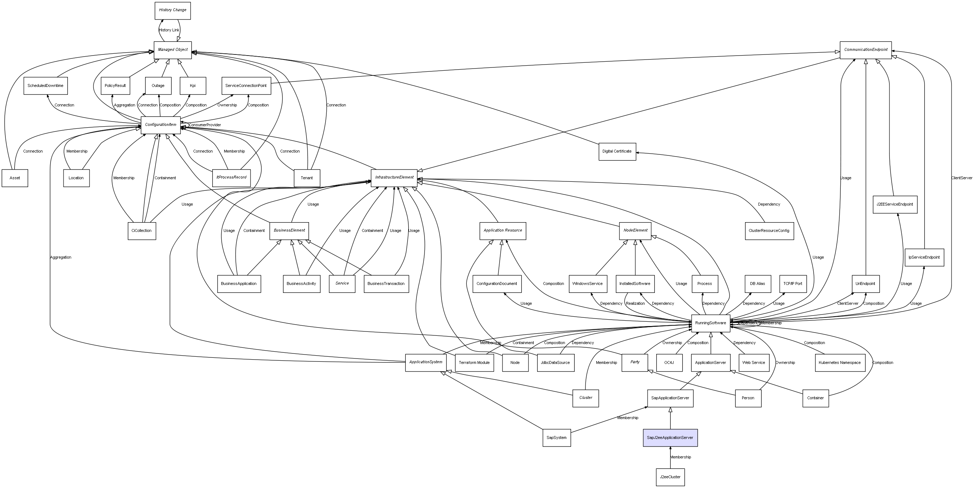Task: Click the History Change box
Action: tap(172, 10)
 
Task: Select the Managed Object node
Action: tap(173, 50)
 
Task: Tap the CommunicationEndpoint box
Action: tap(865, 50)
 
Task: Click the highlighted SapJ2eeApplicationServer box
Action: tap(670, 438)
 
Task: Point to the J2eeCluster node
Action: tap(670, 477)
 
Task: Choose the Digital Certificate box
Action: tap(617, 151)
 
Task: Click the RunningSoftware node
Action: tap(710, 323)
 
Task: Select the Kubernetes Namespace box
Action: tap(840, 363)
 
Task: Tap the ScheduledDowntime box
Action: tap(45, 86)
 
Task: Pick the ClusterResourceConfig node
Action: tap(769, 231)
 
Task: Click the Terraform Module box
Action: tap(474, 363)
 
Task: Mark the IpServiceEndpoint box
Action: tap(924, 258)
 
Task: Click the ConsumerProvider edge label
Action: tap(205, 125)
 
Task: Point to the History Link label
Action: tap(169, 30)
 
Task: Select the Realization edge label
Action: tap(635, 303)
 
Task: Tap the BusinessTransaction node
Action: tap(386, 284)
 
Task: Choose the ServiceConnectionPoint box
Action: tap(246, 86)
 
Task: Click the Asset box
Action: tap(15, 178)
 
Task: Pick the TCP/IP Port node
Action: tap(793, 284)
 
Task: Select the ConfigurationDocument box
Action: tap(497, 284)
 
